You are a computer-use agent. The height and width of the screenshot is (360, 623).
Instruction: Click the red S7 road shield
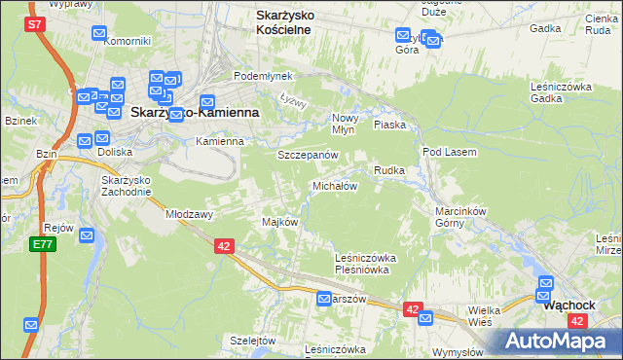(x=35, y=22)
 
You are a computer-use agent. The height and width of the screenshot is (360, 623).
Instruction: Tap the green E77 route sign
(x=43, y=244)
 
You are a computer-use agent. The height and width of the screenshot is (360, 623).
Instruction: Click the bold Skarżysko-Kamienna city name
(x=195, y=113)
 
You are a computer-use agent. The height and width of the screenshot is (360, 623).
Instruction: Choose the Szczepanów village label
(x=308, y=156)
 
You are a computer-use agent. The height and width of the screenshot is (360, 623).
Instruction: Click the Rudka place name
(x=389, y=170)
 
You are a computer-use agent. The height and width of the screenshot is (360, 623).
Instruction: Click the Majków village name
(x=279, y=222)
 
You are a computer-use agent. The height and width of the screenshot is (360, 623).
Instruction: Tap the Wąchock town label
(x=568, y=305)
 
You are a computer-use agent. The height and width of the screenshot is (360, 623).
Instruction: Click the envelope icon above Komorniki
(x=99, y=34)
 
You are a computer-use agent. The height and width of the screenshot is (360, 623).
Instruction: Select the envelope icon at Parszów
(x=324, y=300)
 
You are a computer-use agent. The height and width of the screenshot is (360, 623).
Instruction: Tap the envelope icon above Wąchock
(x=546, y=284)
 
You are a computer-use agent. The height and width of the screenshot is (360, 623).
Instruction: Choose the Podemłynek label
(x=256, y=76)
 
